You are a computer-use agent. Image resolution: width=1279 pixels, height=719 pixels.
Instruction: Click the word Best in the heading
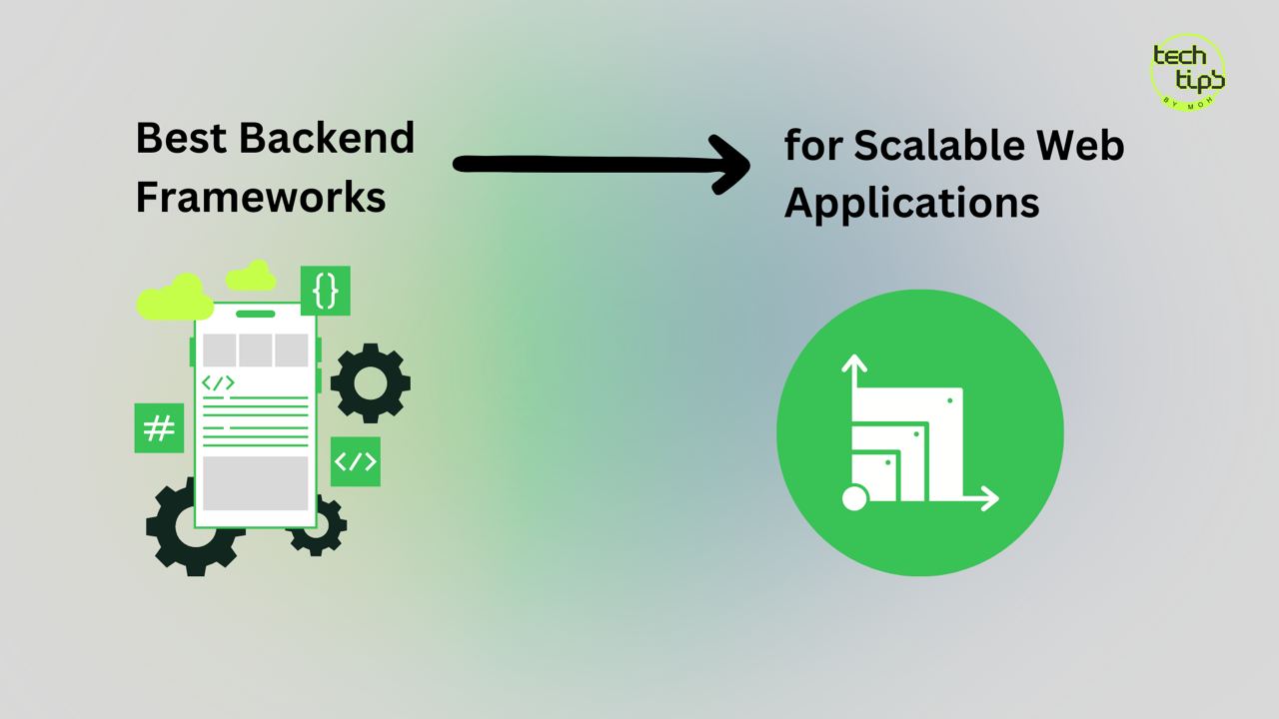point(181,138)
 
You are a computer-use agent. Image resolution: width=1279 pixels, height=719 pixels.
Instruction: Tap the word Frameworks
point(260,198)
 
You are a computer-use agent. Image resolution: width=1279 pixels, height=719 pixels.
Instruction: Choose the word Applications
point(911,204)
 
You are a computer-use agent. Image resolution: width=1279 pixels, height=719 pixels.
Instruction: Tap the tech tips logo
point(1187,72)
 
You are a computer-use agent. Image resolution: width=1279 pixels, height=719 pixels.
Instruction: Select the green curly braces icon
point(325,291)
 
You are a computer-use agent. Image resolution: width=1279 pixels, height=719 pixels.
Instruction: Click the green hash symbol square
point(159,428)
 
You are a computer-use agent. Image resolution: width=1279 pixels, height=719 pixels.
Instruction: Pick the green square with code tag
point(355,461)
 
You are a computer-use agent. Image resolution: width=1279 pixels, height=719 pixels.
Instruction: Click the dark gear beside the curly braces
point(371,382)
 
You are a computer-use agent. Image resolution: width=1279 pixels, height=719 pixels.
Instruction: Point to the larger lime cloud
point(174,298)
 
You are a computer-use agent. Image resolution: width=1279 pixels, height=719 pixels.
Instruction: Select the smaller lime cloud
point(251,276)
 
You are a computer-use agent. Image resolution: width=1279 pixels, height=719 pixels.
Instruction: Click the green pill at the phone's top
point(256,314)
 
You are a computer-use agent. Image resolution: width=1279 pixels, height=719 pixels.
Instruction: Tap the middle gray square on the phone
point(255,351)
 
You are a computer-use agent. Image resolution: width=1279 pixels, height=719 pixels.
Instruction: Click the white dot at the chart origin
point(854,497)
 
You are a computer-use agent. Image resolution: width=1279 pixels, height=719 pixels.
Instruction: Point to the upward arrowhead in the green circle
point(853,363)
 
